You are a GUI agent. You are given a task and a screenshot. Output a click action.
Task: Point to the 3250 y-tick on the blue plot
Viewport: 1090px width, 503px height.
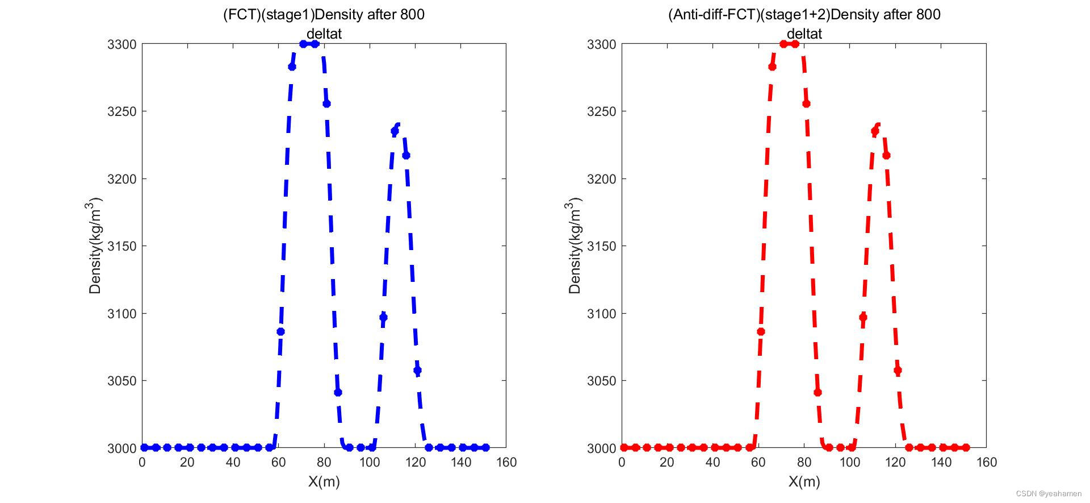coord(121,111)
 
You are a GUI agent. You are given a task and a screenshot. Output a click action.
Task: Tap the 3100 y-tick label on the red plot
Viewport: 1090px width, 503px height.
coord(601,314)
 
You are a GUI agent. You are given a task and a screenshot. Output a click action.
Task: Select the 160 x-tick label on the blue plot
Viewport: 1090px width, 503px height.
coord(506,463)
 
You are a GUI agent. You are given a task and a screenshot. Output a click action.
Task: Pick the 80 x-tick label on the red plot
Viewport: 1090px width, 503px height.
coord(804,463)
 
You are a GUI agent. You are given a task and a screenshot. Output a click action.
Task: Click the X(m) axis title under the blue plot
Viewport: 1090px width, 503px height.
coord(324,482)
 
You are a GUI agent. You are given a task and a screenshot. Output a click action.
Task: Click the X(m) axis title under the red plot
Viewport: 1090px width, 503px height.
coord(804,482)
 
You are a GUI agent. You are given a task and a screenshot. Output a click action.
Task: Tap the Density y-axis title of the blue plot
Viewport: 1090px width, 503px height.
coord(95,246)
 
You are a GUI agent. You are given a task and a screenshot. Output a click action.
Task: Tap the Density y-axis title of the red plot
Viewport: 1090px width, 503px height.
coord(575,246)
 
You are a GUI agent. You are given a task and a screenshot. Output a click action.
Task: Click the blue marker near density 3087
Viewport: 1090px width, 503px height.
coord(280,331)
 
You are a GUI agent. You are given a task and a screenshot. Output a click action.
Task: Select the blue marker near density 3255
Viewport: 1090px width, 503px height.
coord(326,103)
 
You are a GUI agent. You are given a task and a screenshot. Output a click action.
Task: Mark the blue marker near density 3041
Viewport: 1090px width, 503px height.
coord(338,392)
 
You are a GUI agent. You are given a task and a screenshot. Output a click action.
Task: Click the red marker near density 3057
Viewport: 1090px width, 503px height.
coord(898,371)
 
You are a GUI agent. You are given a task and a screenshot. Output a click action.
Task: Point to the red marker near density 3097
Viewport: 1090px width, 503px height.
coord(863,317)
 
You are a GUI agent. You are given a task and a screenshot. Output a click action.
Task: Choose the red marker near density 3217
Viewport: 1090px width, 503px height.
coord(886,155)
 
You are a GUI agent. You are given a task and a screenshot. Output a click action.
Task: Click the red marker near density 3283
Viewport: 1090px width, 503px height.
coord(772,67)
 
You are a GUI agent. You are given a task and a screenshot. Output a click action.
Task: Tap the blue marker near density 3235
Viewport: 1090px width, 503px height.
coord(395,131)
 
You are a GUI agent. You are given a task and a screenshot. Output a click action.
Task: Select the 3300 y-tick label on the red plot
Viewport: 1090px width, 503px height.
coord(601,44)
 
